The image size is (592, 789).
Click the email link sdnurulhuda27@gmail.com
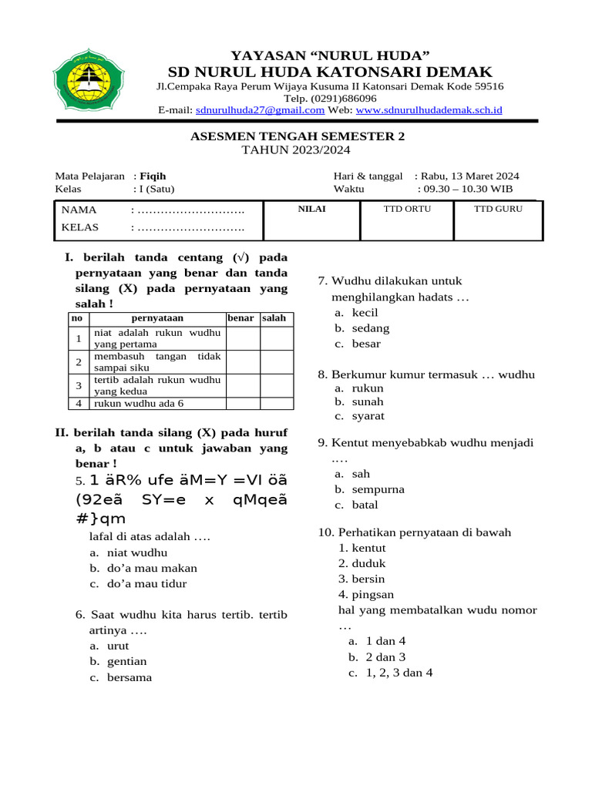[x=260, y=110]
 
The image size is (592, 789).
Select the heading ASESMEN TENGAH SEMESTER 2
[x=297, y=136]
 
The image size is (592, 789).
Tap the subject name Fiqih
[x=153, y=176]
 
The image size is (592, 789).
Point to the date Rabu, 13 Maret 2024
[x=471, y=176]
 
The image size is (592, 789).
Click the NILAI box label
[x=311, y=209]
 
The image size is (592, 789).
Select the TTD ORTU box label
[x=407, y=209]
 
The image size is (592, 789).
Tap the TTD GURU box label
[x=498, y=209]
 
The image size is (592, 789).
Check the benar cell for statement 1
[x=243, y=338]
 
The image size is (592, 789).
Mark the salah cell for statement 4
[x=277, y=403]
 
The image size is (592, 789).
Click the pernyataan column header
[x=157, y=318]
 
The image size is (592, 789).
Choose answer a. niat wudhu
[x=136, y=552]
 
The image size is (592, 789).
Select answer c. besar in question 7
[x=366, y=344]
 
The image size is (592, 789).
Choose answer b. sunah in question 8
[x=368, y=402]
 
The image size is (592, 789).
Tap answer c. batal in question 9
[x=365, y=505]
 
